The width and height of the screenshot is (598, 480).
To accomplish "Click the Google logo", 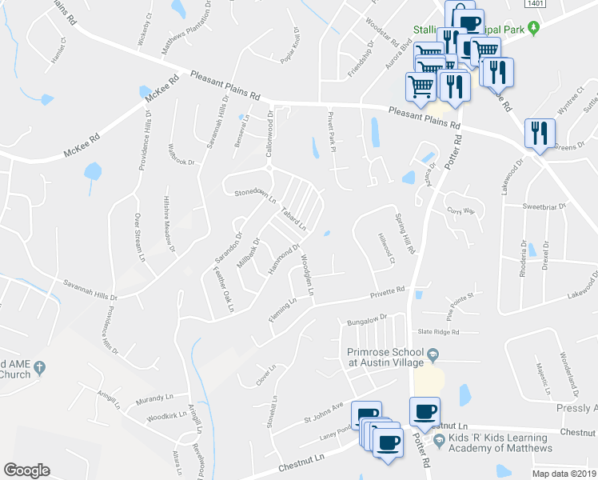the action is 26,470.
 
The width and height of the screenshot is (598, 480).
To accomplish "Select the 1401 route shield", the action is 536,5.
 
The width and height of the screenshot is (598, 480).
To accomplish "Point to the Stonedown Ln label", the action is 254,194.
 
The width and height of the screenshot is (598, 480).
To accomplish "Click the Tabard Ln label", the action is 294,219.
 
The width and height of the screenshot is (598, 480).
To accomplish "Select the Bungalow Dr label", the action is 366,318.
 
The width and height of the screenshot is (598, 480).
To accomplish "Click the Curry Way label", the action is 460,211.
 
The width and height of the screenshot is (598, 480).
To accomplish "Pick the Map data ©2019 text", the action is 564,474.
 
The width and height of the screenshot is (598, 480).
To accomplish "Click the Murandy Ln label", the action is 154,397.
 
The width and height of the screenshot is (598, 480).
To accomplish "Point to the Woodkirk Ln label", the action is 166,417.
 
